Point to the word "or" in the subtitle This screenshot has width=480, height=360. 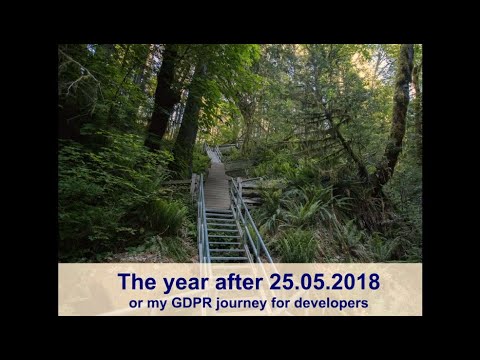tap(137, 302)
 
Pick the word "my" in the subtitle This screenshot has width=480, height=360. tap(159, 302)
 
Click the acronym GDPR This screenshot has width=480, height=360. tap(195, 302)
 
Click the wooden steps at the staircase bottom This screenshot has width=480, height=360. tap(223, 240)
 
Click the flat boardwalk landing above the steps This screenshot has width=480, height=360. tap(217, 190)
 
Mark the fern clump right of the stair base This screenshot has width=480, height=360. tap(295, 240)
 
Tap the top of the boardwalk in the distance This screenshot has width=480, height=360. tap(213, 152)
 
